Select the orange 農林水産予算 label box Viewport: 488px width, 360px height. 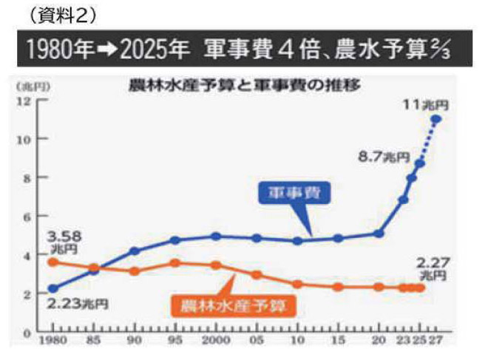click(x=228, y=302)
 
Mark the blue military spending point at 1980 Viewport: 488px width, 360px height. click(x=52, y=288)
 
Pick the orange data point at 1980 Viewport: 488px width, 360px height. click(x=52, y=262)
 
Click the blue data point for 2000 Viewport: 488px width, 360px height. click(x=215, y=237)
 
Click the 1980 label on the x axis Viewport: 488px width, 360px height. click(x=52, y=341)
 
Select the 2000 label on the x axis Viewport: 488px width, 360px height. click(x=215, y=341)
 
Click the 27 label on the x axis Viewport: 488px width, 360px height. click(x=438, y=341)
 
